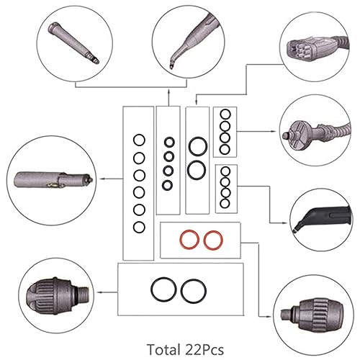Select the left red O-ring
190,240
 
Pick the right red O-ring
212,240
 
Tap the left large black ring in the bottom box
163,290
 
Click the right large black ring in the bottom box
192,290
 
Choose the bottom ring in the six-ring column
139,227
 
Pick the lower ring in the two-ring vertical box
196,170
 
